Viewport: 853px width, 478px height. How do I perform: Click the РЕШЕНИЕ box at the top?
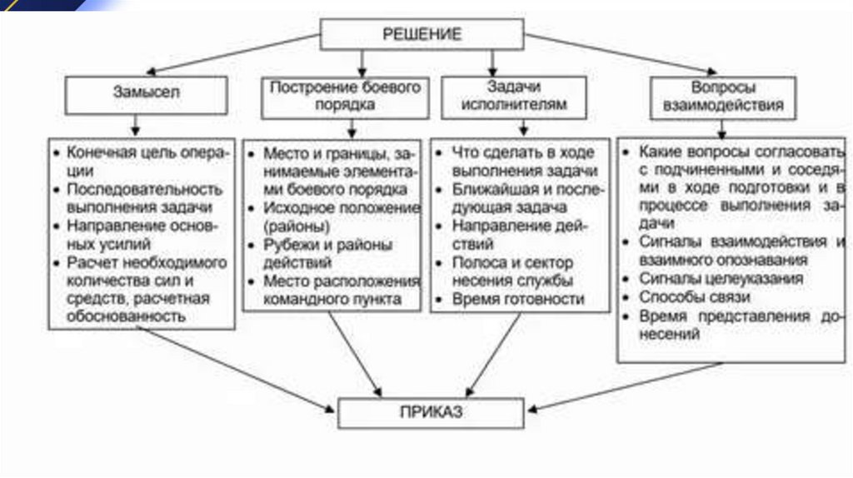[422, 34]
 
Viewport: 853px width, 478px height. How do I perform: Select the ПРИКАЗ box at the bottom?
[430, 411]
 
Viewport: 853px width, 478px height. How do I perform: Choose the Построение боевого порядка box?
[345, 96]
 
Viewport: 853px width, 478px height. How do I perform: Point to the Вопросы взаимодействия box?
[722, 97]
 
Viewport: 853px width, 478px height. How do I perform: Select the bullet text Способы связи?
[695, 297]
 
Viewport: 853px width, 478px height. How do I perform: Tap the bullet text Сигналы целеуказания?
[721, 278]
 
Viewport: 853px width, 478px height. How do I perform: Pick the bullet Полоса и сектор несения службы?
[512, 270]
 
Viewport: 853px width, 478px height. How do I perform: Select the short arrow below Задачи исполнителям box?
[522, 126]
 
